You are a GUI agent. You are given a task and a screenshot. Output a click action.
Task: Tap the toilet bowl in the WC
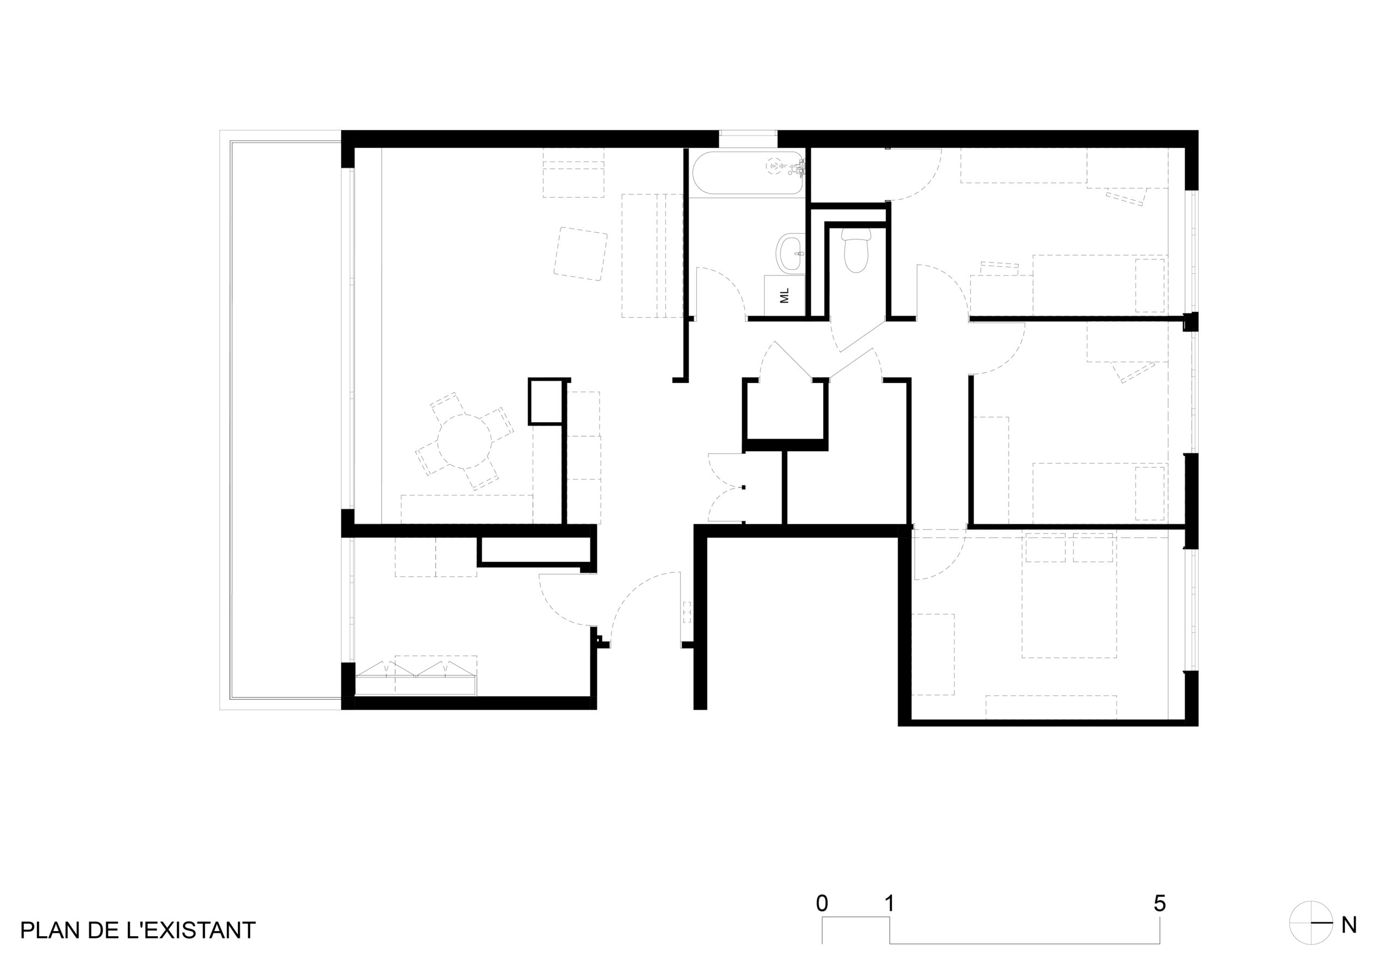[856, 253]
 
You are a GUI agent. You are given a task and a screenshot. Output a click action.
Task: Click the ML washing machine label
[785, 296]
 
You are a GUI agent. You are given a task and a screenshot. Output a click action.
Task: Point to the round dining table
[465, 441]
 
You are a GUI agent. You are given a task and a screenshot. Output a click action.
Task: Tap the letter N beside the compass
[1349, 925]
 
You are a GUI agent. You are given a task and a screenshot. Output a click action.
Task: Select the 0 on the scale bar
[822, 903]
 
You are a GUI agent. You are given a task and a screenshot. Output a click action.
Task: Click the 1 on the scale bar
[890, 903]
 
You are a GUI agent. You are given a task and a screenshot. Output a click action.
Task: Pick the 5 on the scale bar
[1160, 903]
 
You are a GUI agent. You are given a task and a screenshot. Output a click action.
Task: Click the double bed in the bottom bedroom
[1069, 595]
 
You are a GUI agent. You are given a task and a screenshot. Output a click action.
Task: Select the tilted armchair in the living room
[581, 254]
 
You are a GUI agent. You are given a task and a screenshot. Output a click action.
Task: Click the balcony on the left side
[285, 420]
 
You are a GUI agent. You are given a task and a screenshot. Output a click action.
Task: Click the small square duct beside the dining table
[545, 401]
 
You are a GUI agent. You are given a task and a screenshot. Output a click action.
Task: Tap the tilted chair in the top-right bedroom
[1127, 197]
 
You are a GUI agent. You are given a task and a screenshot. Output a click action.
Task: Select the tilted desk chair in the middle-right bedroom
[1135, 372]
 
